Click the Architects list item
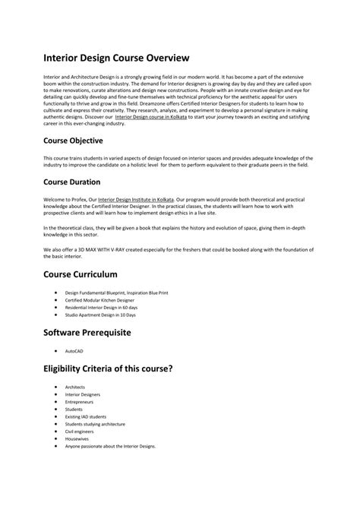click(x=75, y=387)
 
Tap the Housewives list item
click(x=77, y=438)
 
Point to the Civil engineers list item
click(x=80, y=432)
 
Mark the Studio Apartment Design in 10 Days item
click(x=100, y=314)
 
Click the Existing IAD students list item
click(x=85, y=416)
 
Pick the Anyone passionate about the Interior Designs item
click(x=110, y=446)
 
